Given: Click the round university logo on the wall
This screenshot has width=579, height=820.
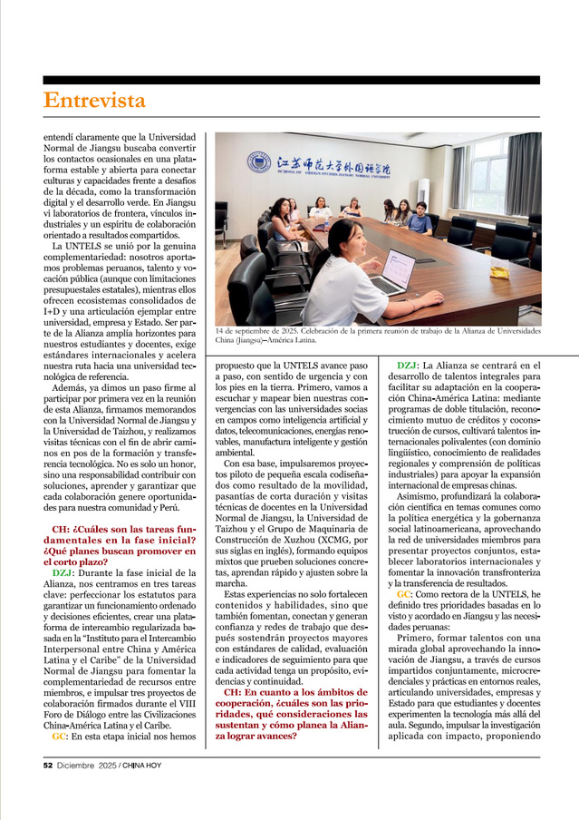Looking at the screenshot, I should pos(259,162).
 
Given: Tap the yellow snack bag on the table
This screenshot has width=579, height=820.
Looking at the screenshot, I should pos(499,271).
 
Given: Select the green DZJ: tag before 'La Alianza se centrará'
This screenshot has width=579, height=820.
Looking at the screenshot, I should pos(408,366).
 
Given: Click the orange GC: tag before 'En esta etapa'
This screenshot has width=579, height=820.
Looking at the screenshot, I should pos(58,737).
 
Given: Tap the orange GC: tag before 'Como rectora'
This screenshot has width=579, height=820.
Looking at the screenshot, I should pos(404,593).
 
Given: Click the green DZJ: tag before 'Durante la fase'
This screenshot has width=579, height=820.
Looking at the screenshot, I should pos(63,572).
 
